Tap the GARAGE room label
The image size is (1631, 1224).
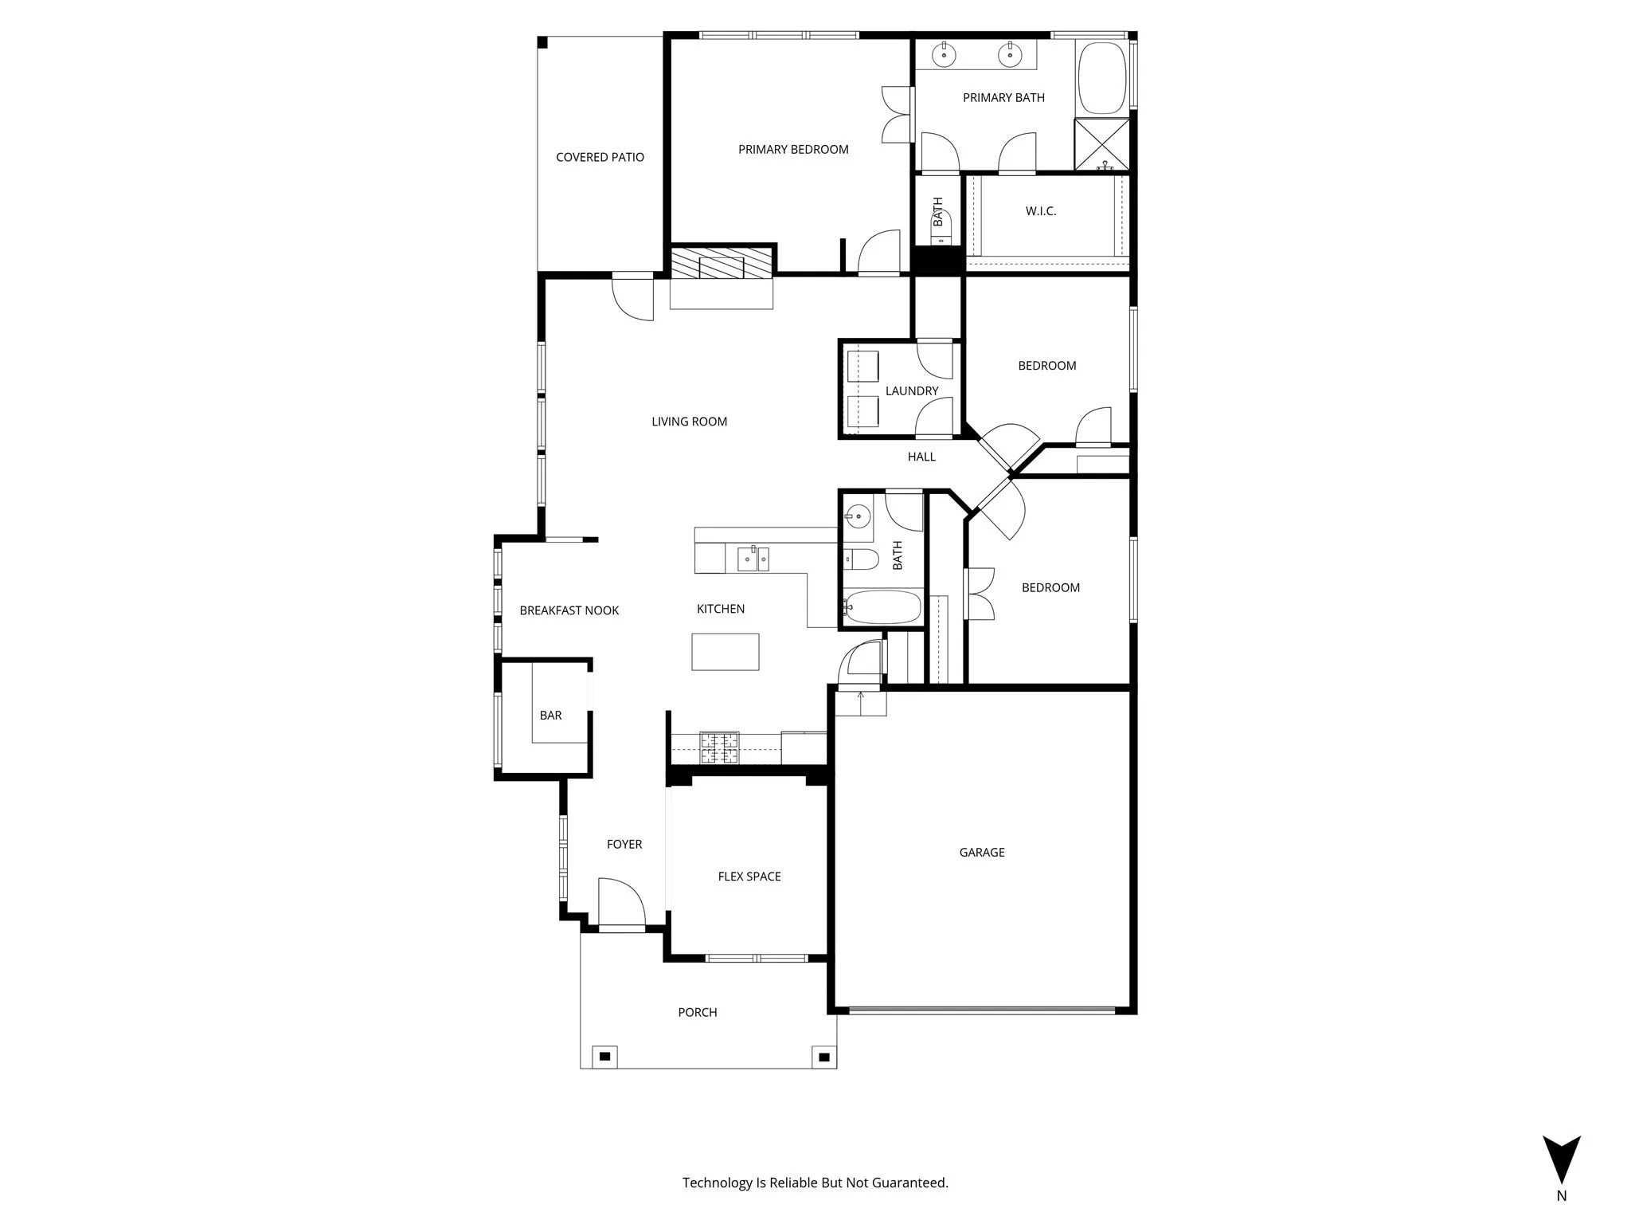point(981,852)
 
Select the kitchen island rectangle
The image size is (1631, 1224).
point(725,651)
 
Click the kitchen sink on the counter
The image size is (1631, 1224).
point(753,559)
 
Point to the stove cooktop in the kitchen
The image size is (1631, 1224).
point(719,747)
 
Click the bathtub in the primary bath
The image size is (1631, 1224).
point(1101,77)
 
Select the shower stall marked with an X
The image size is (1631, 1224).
point(1101,143)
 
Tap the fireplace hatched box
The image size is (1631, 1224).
point(721,263)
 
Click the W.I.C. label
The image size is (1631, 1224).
point(1040,211)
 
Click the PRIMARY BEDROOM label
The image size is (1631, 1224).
point(792,149)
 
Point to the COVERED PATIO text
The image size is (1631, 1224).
point(600,157)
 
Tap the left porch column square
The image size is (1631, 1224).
point(604,1057)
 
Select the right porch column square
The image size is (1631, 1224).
point(824,1057)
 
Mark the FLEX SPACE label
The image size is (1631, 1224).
point(749,876)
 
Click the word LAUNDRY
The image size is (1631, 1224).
point(911,390)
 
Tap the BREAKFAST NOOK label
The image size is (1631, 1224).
point(569,610)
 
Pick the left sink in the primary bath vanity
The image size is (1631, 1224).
point(944,55)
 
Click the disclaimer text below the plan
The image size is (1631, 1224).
point(815,1183)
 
